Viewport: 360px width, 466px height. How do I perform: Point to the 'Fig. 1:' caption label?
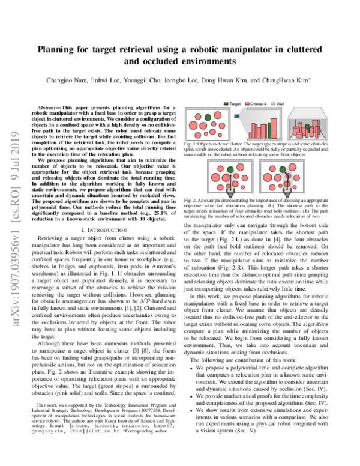[x=191, y=145]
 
